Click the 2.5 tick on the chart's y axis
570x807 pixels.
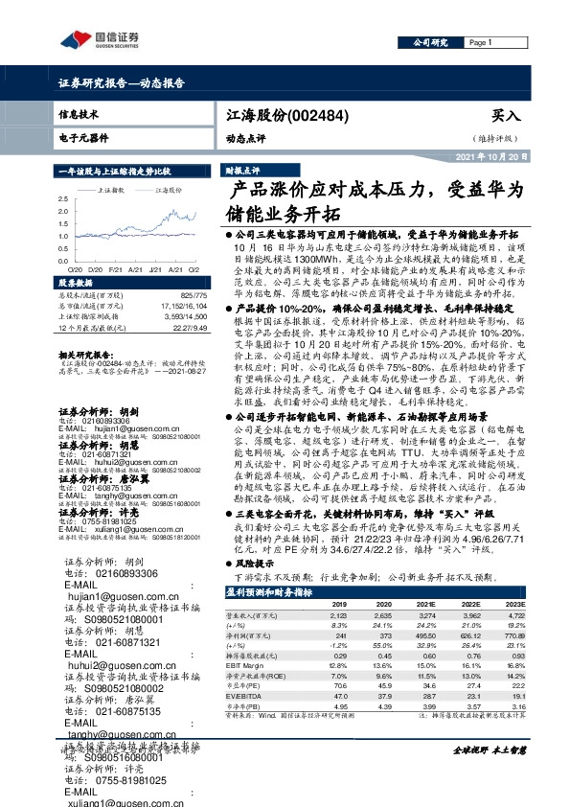pyautogui.click(x=61, y=198)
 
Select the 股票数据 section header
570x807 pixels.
pyautogui.click(x=76, y=285)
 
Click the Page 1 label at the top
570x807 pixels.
pyautogui.click(x=480, y=43)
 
